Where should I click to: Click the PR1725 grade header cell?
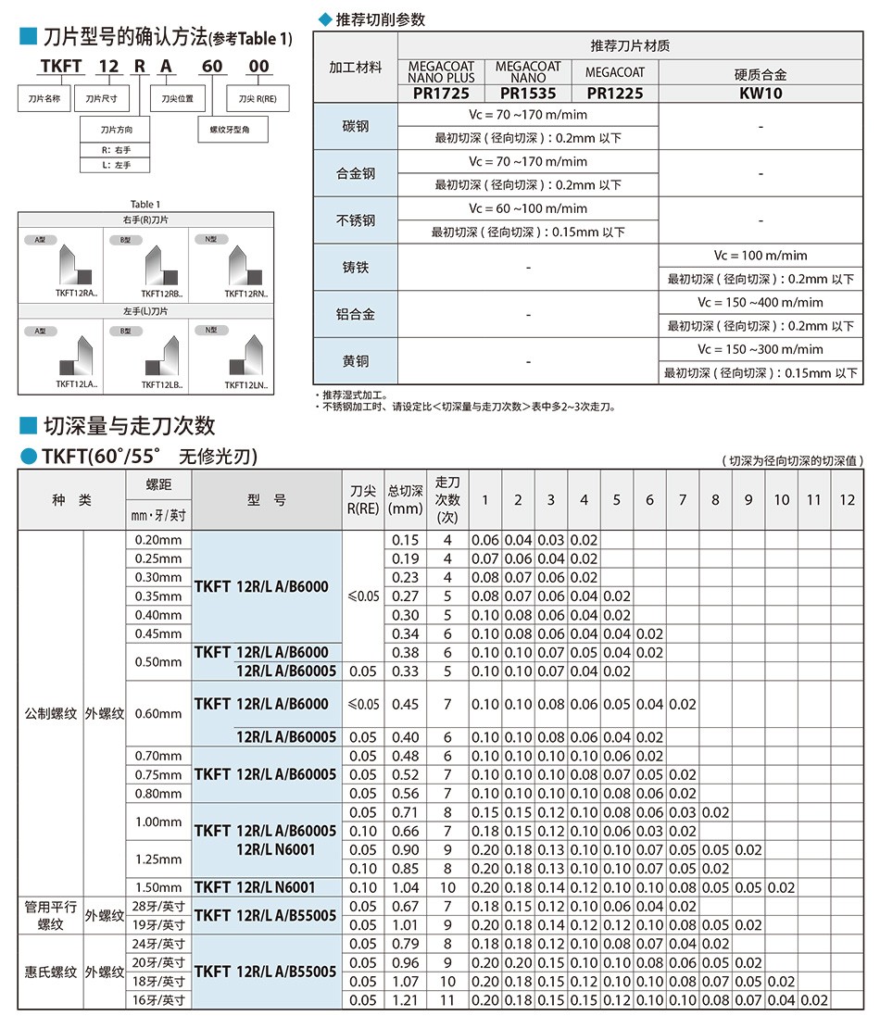click(x=441, y=94)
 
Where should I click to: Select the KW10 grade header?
click(x=761, y=94)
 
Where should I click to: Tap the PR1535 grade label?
click(x=528, y=94)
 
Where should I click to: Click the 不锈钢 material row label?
click(x=356, y=220)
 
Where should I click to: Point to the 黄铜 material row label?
click(x=356, y=361)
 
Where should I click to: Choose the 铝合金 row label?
click(x=356, y=314)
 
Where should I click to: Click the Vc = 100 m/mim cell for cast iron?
click(x=761, y=256)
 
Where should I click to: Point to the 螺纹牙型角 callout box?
click(x=234, y=132)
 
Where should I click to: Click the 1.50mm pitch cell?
click(x=158, y=887)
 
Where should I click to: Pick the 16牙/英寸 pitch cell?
click(x=158, y=1000)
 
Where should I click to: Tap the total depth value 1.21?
click(x=405, y=1000)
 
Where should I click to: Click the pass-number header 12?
click(x=847, y=500)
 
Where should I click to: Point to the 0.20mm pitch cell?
click(x=158, y=540)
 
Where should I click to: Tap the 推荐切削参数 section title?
click(x=378, y=19)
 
